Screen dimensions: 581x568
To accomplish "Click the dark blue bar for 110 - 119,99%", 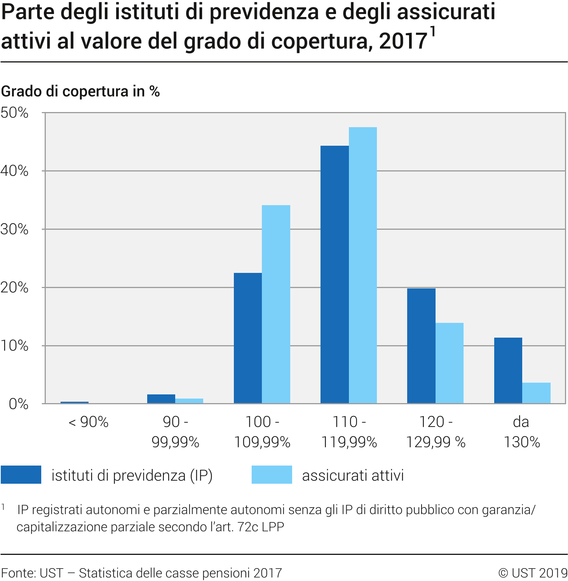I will [335, 274].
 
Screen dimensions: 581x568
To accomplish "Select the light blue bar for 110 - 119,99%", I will [363, 265].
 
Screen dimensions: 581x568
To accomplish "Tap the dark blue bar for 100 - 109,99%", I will [248, 338].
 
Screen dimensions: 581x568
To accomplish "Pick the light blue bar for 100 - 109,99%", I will [276, 304].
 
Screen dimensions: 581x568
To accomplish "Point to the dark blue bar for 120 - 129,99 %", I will [421, 346].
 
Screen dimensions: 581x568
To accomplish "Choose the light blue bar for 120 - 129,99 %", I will [449, 363].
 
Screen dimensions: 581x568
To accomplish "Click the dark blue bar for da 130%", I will [508, 371].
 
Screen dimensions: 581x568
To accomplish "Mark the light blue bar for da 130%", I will [536, 393].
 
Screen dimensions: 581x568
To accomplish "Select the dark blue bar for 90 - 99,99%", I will [161, 399].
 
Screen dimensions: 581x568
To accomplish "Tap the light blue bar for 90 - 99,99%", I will [189, 401].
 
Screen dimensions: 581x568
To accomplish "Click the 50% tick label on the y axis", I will [14, 113].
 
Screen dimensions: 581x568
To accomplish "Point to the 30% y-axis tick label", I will [14, 229].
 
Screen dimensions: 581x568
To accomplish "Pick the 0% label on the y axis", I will [19, 404].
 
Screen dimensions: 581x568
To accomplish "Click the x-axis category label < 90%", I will [89, 422].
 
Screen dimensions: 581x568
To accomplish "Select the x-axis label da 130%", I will [521, 432].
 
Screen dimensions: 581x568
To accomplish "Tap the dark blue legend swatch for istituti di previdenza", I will [21, 475].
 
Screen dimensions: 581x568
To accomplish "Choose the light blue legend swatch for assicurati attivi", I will [272, 475].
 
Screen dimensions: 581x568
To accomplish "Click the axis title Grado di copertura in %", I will [81, 92].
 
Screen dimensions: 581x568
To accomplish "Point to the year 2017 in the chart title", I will [403, 41].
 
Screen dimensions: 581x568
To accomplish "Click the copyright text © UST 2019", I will [533, 573].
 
